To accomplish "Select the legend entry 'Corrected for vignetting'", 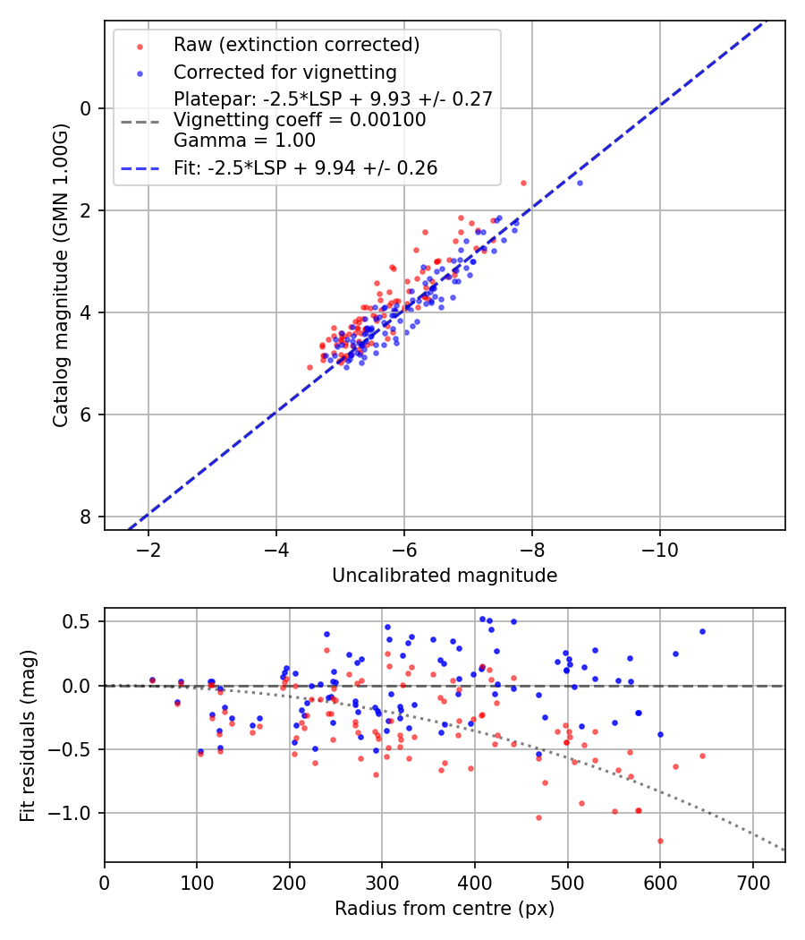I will click(284, 72).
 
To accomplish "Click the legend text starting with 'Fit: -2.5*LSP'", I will click(305, 167).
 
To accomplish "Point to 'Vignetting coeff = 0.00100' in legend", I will click(300, 120).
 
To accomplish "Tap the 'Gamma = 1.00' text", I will click(244, 140).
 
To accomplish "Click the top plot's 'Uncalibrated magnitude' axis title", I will click(445, 576).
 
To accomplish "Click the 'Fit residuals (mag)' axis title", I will click(28, 736).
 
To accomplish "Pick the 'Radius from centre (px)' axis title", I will click(445, 909).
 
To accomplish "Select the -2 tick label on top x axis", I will click(148, 548).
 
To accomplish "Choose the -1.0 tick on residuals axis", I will click(75, 813).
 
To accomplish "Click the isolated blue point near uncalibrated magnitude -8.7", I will click(580, 183).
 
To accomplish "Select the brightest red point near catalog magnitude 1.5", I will click(523, 183).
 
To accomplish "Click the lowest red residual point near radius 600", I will click(660, 841).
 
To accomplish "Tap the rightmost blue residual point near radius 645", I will click(702, 631).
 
